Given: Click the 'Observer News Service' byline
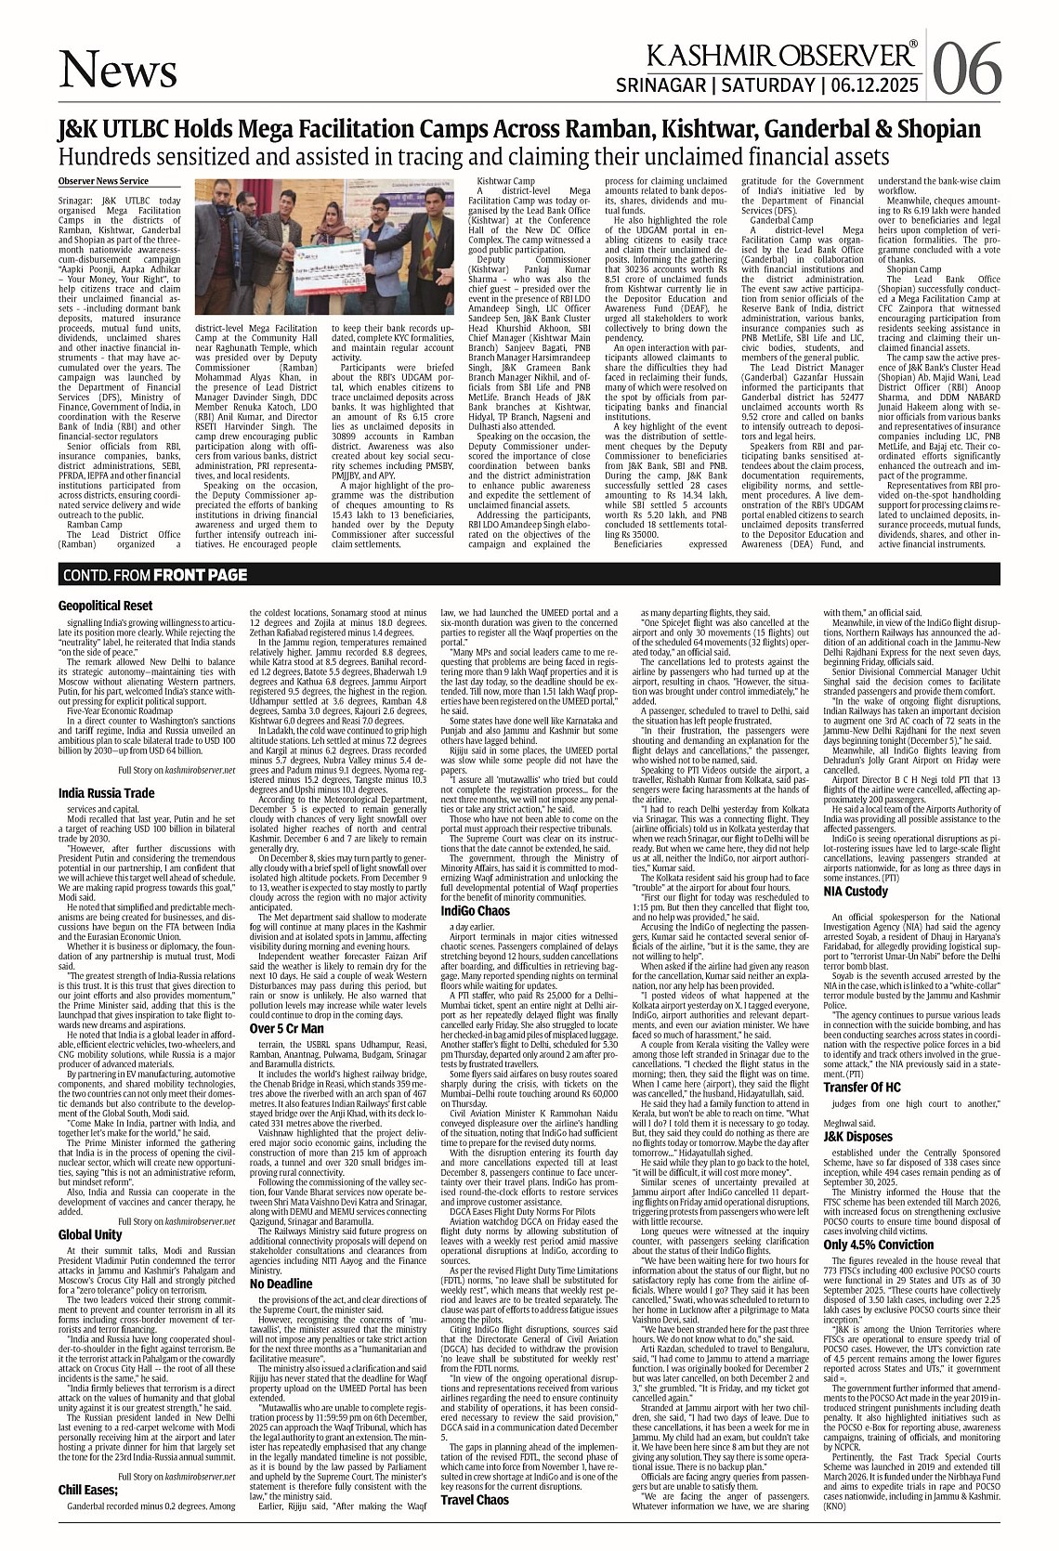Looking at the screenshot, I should [x=102, y=181].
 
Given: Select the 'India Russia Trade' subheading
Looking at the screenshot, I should [x=106, y=792].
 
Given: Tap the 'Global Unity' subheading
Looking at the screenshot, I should [x=90, y=1234].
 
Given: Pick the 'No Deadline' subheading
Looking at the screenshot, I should [x=280, y=1284].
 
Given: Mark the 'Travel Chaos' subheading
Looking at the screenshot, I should [x=475, y=1526].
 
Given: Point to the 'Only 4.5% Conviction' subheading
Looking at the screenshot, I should [x=878, y=1244].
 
